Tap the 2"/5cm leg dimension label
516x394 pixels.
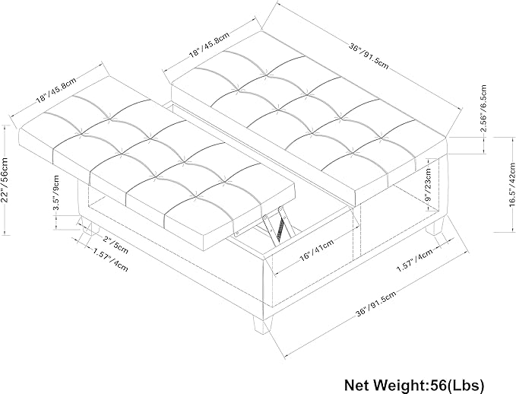pyautogui.click(x=115, y=244)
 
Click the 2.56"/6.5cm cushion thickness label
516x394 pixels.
pyautogui.click(x=483, y=108)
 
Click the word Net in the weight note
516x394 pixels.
pyautogui.click(x=357, y=384)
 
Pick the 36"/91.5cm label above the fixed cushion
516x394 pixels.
pyautogui.click(x=369, y=55)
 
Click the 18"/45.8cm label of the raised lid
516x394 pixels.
pyautogui.click(x=56, y=90)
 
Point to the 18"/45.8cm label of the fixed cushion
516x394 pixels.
pyautogui.click(x=209, y=45)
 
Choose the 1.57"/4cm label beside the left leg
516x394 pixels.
pyautogui.click(x=110, y=260)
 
